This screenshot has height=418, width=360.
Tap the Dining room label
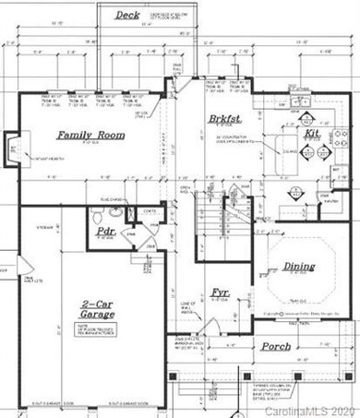(298, 266)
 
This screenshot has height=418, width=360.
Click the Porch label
(275, 347)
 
